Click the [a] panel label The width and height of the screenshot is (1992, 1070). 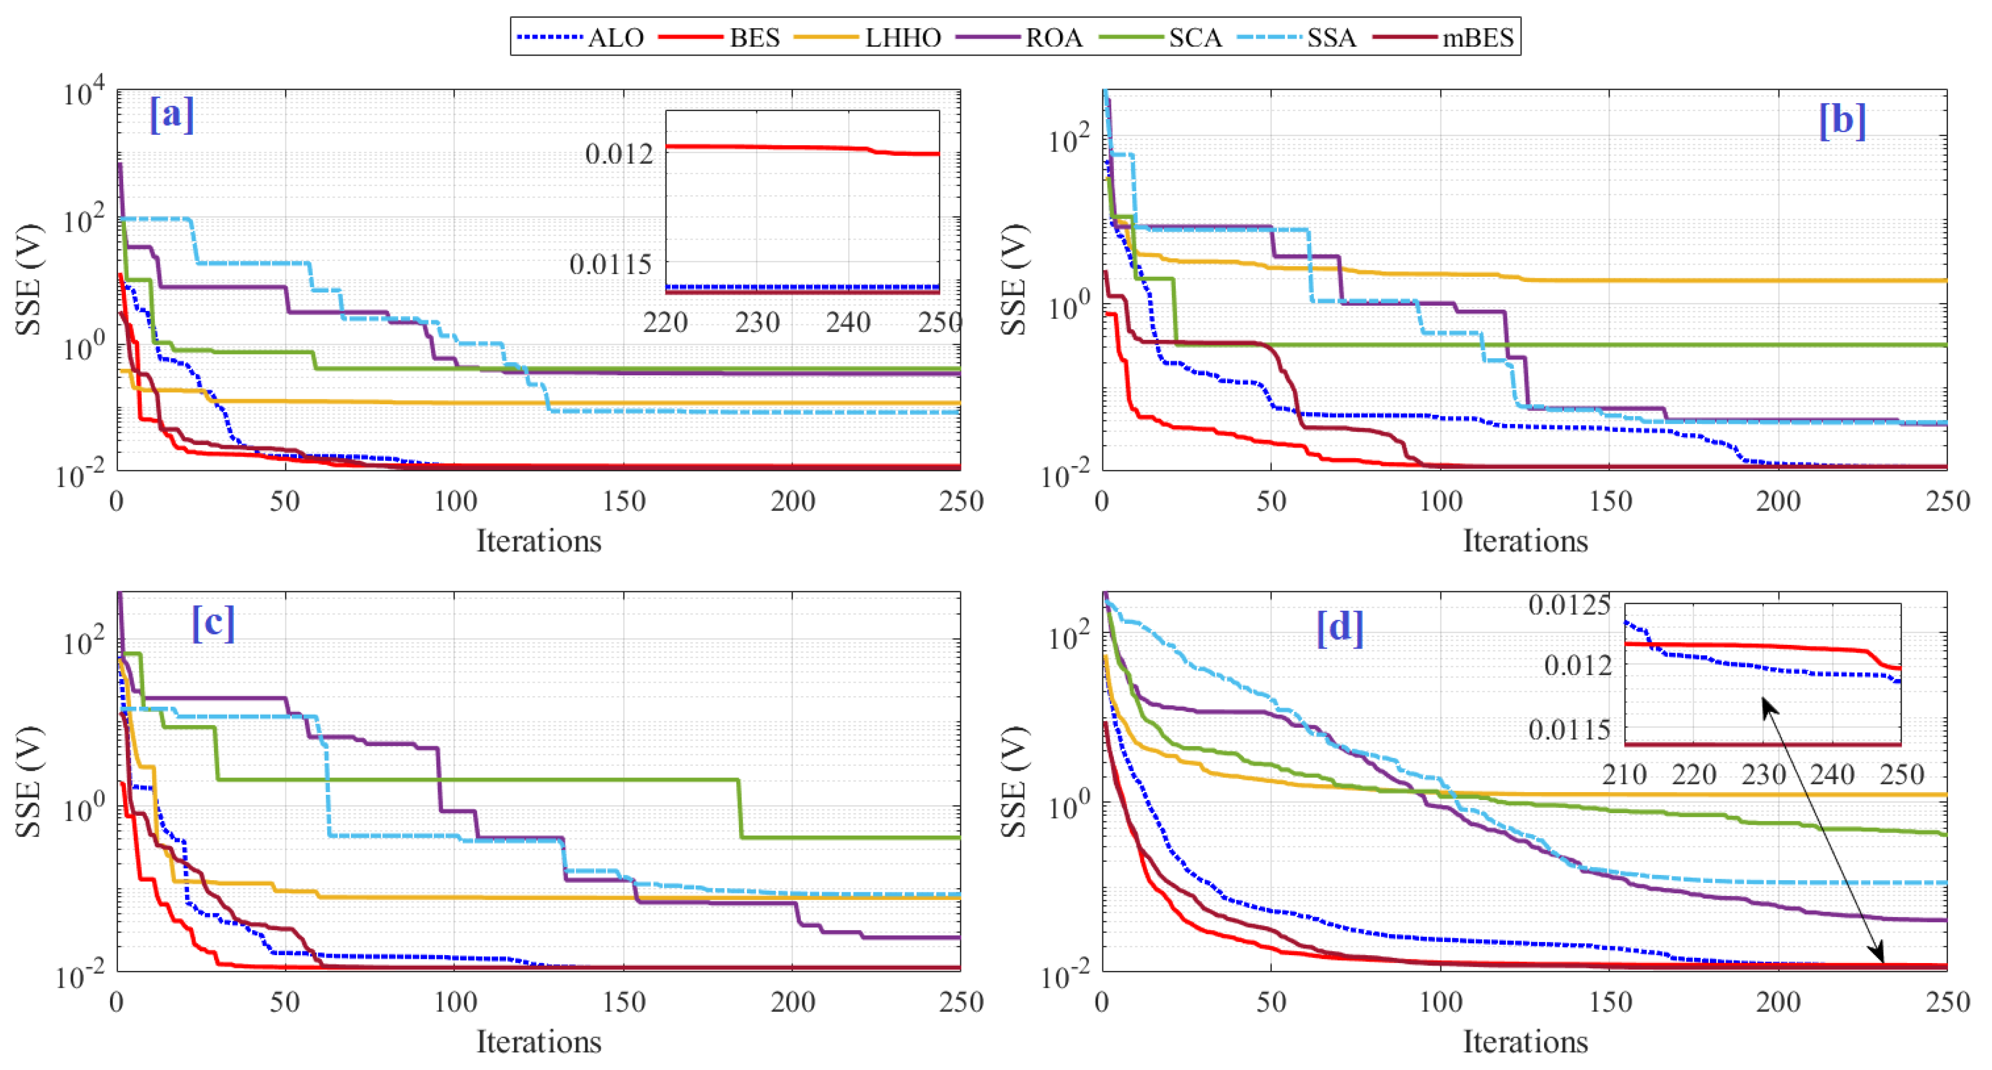[172, 115]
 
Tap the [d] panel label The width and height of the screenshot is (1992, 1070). [1340, 627]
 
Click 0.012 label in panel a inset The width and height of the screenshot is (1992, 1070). [619, 154]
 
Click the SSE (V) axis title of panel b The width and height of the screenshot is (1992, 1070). [1014, 280]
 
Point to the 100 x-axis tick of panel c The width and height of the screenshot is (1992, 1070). [455, 1003]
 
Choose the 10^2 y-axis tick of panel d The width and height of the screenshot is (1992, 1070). [1071, 639]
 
